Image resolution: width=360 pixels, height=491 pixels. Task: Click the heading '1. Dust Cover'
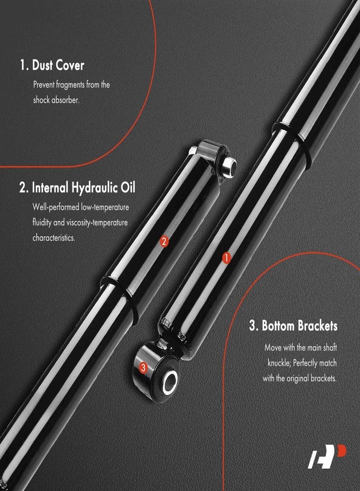coord(52,65)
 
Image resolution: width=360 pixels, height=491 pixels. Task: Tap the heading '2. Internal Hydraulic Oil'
coord(77,188)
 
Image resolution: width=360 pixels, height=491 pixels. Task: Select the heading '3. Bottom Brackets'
coord(293,326)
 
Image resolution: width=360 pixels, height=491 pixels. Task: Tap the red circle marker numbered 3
coord(143,368)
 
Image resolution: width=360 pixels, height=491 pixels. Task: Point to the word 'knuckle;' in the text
coord(281,362)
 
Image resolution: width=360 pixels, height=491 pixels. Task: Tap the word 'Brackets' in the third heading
coord(315,326)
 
